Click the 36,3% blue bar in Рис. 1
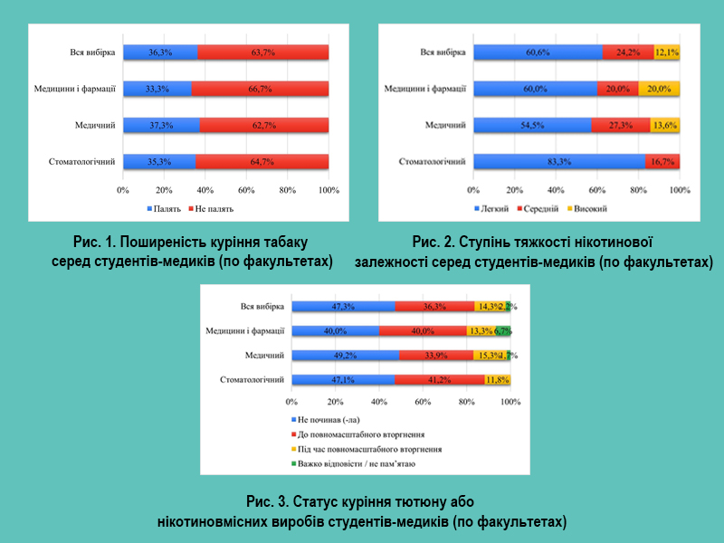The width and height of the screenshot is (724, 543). pos(160,53)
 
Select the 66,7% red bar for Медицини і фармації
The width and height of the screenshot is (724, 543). pos(260,89)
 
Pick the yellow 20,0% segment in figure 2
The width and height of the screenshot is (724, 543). pos(659,89)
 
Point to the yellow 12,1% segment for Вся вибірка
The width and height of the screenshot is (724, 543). pos(667,53)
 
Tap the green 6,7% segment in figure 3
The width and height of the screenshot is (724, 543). pos(504,331)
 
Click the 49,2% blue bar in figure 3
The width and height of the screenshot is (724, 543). pos(346,356)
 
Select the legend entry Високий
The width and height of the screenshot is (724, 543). pos(588,209)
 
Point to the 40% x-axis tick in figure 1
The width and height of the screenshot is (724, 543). pos(205,190)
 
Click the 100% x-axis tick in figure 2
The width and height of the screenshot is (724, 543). pos(680,190)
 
